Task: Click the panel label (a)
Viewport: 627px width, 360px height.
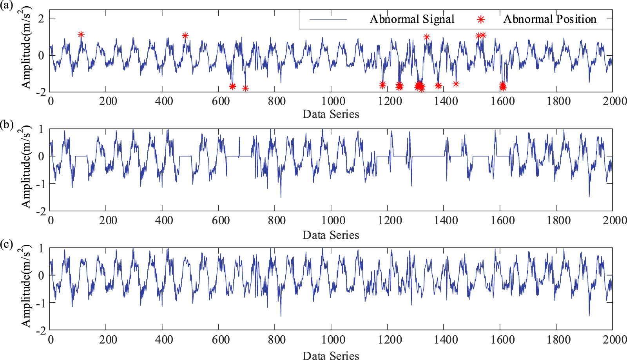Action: [7, 5]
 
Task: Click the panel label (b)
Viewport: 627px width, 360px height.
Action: [7, 124]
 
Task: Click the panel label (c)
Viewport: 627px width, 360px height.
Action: [7, 244]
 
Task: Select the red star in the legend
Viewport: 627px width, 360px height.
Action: [481, 20]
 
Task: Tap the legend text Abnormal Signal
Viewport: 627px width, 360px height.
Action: [412, 19]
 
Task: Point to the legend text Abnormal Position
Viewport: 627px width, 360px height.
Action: [549, 19]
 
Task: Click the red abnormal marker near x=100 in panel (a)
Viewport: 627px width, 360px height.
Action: [81, 35]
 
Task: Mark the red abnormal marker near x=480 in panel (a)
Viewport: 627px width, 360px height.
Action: [185, 36]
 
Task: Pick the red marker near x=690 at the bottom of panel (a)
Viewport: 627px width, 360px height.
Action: [245, 88]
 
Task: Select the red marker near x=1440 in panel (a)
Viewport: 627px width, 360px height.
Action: [456, 84]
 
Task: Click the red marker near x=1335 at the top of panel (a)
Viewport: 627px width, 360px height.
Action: [427, 37]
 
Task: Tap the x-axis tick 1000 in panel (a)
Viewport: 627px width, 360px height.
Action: [333, 101]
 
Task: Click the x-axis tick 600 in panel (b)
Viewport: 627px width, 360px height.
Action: [221, 220]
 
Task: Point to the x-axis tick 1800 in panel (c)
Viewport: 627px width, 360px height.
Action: [558, 340]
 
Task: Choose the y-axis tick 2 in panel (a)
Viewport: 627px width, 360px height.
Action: [41, 18]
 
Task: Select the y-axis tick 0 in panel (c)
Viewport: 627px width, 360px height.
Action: [41, 276]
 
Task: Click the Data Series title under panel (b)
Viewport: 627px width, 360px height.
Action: [331, 235]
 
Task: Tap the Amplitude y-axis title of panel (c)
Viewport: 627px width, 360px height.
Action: [26, 286]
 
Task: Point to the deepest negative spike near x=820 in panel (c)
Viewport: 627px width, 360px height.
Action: [281, 316]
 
